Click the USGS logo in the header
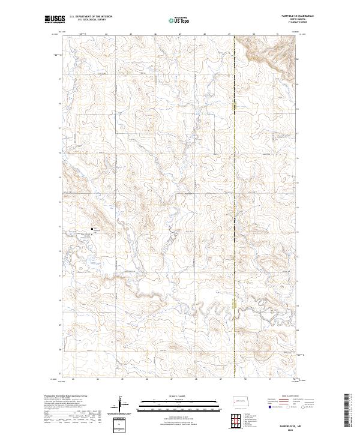(x=55, y=20)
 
